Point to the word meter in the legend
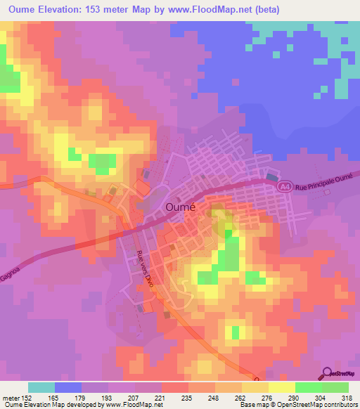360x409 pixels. [x=11, y=397]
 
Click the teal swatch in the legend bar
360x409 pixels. [x=41, y=387]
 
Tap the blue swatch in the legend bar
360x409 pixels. [x=68, y=387]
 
